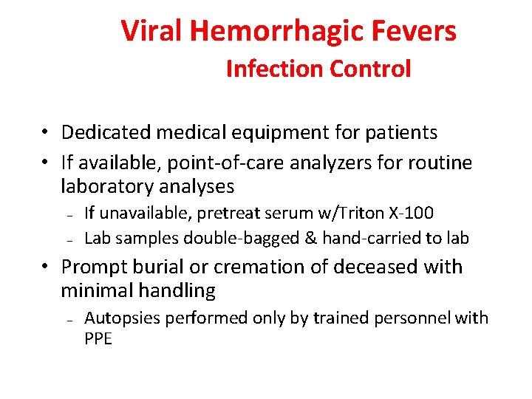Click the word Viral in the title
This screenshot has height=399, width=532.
point(152,31)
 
